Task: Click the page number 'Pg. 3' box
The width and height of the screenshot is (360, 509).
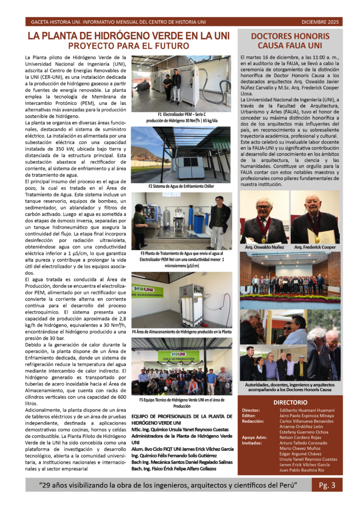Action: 327,485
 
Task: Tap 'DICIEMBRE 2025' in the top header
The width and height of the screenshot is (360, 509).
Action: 320,22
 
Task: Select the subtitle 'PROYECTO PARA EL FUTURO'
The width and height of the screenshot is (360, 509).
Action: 129,46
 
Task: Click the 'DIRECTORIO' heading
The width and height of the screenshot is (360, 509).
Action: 290,402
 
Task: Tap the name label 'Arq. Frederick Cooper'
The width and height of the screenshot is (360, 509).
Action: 315,247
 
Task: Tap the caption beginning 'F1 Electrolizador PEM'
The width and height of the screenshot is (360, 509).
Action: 181,117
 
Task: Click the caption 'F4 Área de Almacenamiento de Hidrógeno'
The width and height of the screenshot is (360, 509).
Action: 181,332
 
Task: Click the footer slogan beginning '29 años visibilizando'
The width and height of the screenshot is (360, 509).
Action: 168,485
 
